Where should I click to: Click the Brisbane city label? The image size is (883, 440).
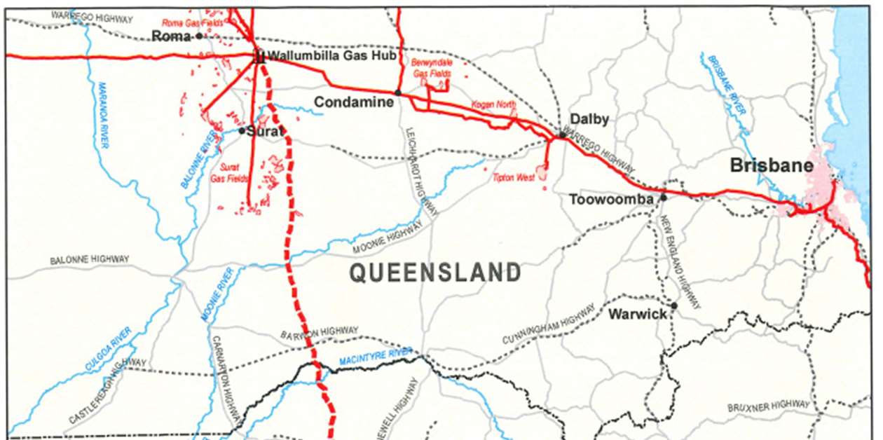pyautogui.click(x=772, y=166)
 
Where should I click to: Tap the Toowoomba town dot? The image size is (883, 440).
pyautogui.click(x=664, y=198)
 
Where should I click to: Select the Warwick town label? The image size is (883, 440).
pyautogui.click(x=638, y=314)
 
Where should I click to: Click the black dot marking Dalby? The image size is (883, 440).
pyautogui.click(x=561, y=135)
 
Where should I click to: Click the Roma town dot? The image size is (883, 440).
pyautogui.click(x=200, y=36)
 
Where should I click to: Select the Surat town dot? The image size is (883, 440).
pyautogui.click(x=242, y=130)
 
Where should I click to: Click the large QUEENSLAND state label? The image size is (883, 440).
pyautogui.click(x=435, y=273)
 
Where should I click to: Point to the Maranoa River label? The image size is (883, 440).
pyautogui.click(x=103, y=115)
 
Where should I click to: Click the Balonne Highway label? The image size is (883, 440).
pyautogui.click(x=89, y=260)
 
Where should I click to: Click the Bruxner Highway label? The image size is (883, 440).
pyautogui.click(x=768, y=406)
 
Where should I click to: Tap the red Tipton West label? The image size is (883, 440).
pyautogui.click(x=514, y=177)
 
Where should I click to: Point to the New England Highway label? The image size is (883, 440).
pyautogui.click(x=680, y=263)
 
